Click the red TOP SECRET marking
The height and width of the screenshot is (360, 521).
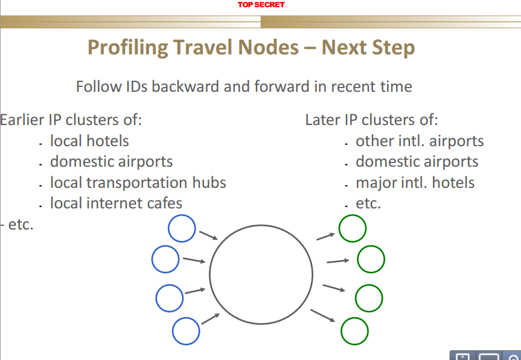click(261, 5)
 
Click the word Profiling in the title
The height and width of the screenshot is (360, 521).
click(127, 48)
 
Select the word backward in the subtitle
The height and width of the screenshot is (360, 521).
click(186, 86)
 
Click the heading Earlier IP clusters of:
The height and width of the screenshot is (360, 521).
click(71, 120)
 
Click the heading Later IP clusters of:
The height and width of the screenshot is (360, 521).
click(371, 120)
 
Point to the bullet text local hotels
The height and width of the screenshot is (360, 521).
click(89, 141)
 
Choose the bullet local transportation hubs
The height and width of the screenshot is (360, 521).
click(138, 183)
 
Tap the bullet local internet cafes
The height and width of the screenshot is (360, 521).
click(116, 203)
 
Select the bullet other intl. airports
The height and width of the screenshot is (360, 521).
click(420, 141)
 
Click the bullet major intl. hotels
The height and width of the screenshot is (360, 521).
click(415, 183)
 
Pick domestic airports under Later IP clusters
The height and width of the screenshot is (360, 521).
click(417, 162)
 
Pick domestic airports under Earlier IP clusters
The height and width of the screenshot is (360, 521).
click(111, 162)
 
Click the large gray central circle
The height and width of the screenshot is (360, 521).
click(210, 274)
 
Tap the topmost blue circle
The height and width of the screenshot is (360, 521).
click(168, 228)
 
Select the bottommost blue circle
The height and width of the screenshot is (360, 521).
click(173, 331)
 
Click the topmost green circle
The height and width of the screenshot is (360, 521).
click(339, 228)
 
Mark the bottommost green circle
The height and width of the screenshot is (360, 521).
click(341, 331)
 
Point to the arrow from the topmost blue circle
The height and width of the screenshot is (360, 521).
click(208, 236)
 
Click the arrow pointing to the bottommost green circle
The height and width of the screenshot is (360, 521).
click(322, 315)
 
